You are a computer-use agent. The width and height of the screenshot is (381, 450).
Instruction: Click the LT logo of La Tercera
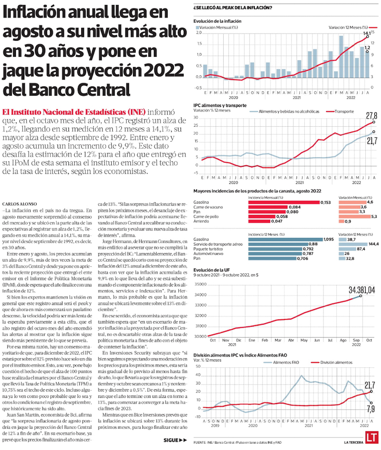click(371, 438)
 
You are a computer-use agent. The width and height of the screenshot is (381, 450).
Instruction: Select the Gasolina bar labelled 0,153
click(284, 202)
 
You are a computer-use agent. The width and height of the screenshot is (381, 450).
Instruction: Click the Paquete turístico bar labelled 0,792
click(272, 249)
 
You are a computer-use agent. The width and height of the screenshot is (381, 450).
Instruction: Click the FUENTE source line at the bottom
click(237, 442)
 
